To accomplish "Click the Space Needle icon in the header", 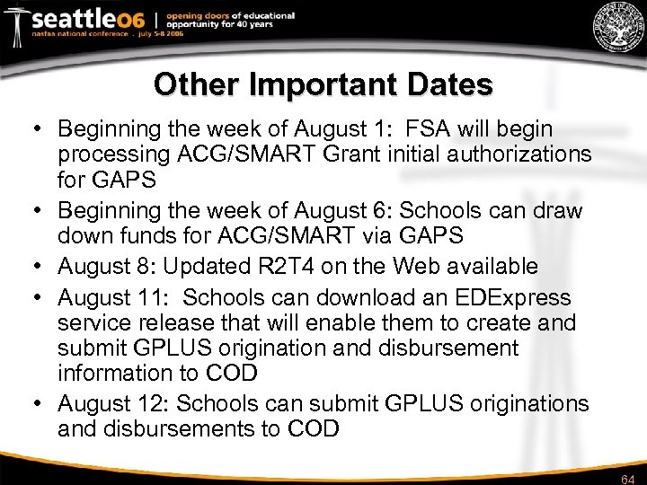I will [15, 24].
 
